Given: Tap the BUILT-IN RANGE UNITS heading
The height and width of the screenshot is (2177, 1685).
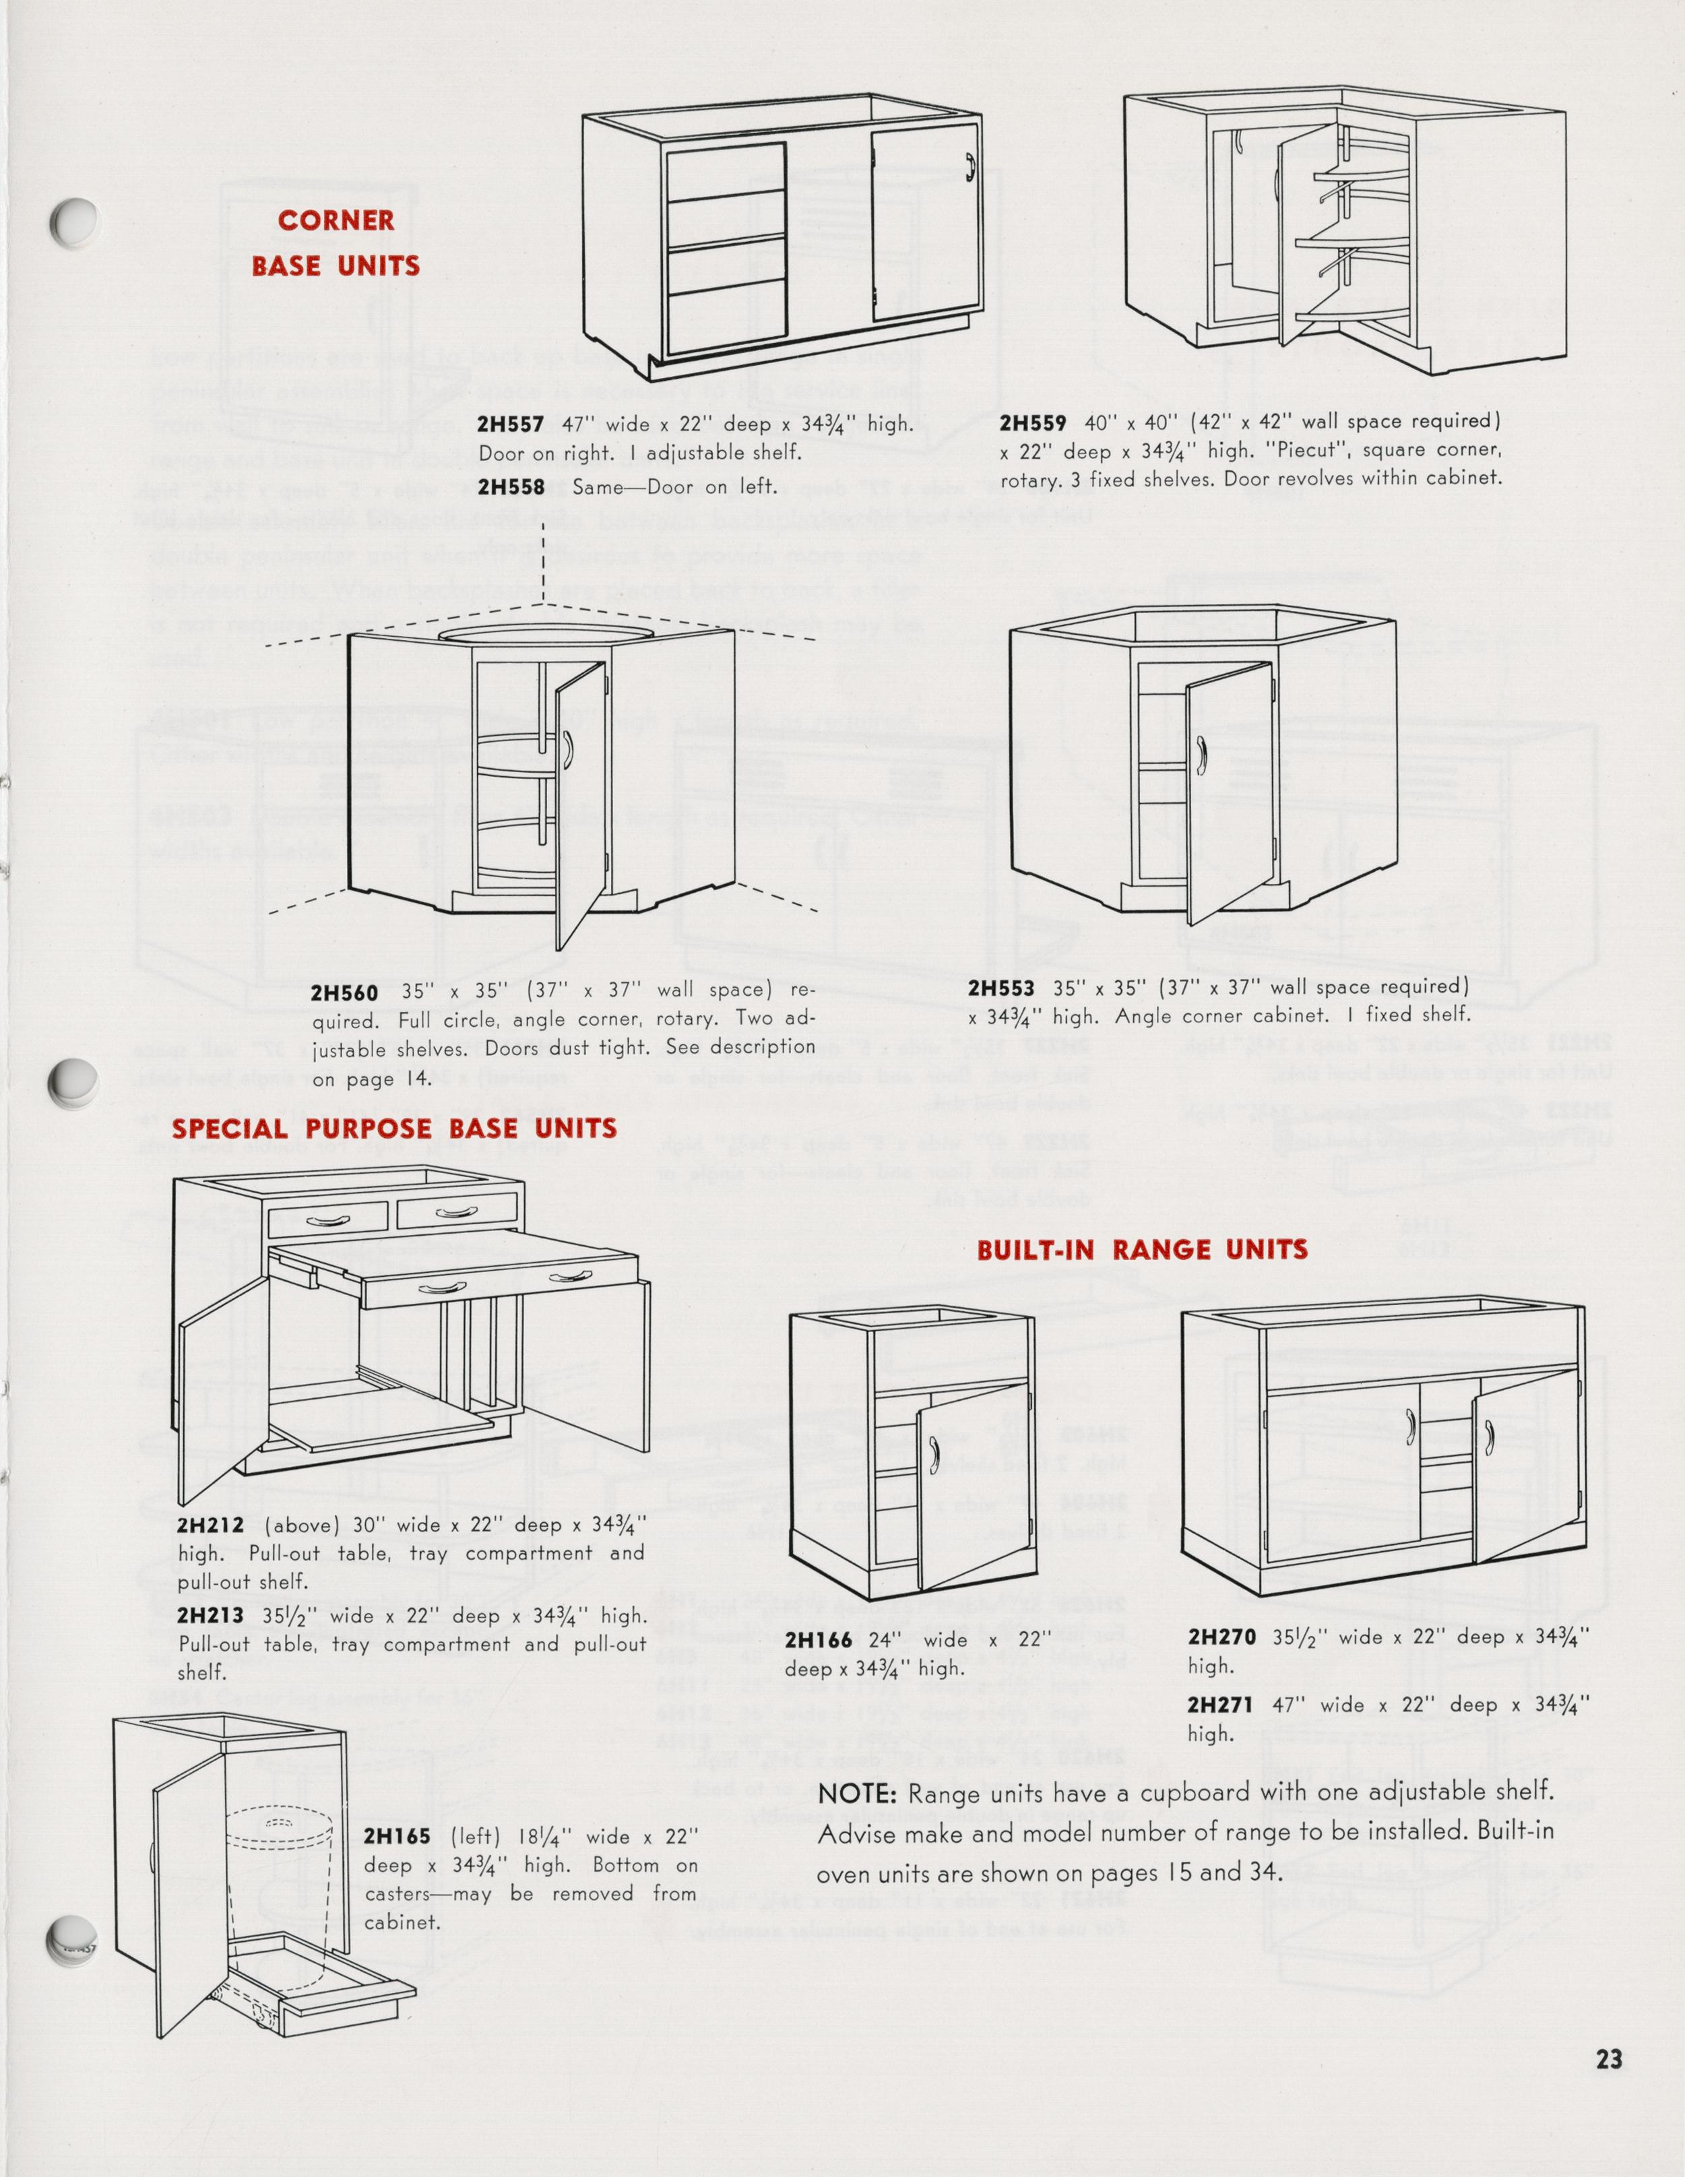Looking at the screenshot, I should (x=1142, y=1250).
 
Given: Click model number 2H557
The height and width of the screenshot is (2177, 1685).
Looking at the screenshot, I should (x=510, y=424).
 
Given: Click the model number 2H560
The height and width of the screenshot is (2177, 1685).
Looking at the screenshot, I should (x=344, y=992).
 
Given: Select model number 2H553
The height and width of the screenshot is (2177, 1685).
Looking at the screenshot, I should (x=1000, y=988).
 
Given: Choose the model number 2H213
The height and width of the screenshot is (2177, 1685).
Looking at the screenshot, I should (x=210, y=1616).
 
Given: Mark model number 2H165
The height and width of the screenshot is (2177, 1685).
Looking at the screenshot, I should (x=397, y=1837).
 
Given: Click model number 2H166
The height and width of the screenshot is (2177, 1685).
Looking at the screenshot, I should (x=818, y=1640).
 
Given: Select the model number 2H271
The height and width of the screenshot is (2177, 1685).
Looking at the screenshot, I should (x=1221, y=1705).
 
